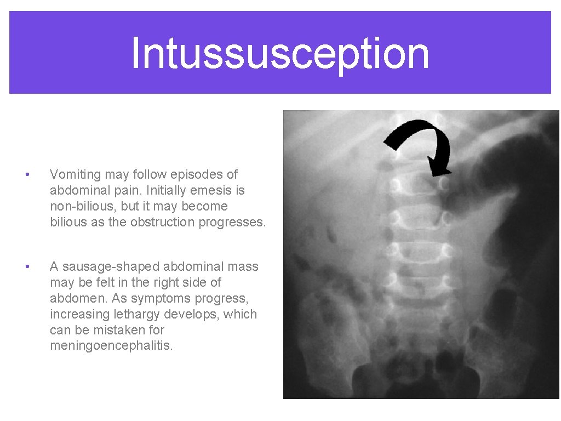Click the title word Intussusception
[x=280, y=53]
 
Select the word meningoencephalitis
[x=111, y=346]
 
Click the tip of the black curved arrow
[x=436, y=174]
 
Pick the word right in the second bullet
[x=161, y=282]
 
